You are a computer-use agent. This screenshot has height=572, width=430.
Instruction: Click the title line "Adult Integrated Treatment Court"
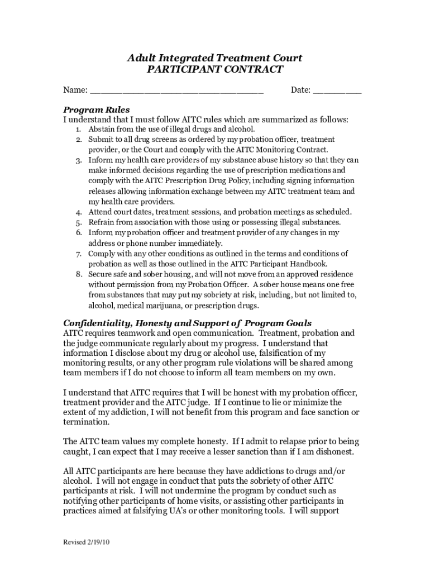(215, 58)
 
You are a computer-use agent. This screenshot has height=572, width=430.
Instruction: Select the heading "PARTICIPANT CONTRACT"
(215, 70)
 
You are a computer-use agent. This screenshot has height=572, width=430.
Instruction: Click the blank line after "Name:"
(176, 90)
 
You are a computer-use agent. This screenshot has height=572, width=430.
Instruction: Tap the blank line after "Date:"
(337, 90)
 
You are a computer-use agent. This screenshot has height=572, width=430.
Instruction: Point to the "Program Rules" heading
(96, 109)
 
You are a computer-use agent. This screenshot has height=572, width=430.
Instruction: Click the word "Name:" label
(75, 90)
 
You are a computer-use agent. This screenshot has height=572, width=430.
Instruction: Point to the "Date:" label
(300, 90)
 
